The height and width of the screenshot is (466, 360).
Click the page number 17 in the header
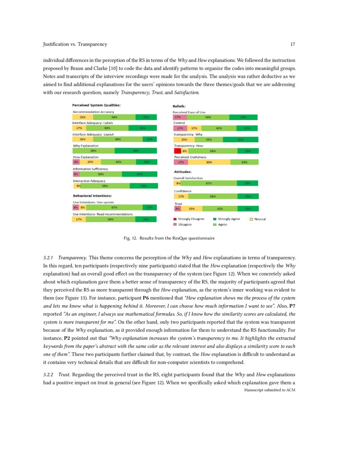click(292, 44)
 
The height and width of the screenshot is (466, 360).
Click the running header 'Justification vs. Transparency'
click(75, 44)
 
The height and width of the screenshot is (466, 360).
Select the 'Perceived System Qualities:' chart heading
click(97, 105)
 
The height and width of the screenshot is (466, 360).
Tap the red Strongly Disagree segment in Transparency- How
click(177, 150)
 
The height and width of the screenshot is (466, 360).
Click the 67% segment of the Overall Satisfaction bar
click(208, 183)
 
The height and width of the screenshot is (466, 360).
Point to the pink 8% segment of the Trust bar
click(177, 208)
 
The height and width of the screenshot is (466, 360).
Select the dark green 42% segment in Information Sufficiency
click(139, 174)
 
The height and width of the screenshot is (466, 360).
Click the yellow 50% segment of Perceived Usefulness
click(209, 161)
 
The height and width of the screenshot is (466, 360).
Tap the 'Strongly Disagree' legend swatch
click(175, 219)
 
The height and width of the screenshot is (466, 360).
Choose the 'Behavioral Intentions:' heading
click(92, 196)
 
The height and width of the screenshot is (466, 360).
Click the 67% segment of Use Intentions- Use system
click(114, 208)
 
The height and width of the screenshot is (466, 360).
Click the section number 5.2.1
click(49, 257)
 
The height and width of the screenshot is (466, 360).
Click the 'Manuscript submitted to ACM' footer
click(269, 389)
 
